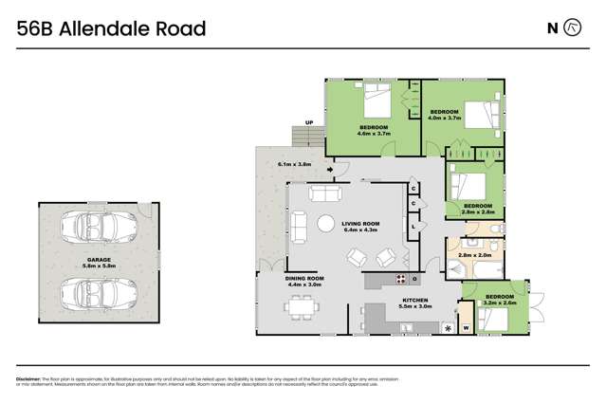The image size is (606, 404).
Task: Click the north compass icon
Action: click(x=572, y=28)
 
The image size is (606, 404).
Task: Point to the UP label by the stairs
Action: click(x=308, y=122)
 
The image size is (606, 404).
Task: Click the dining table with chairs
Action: click(x=302, y=306)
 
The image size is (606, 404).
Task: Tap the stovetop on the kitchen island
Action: click(x=400, y=279)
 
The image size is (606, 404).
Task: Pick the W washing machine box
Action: click(x=466, y=328)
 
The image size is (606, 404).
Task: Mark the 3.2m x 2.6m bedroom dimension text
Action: click(x=499, y=303)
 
